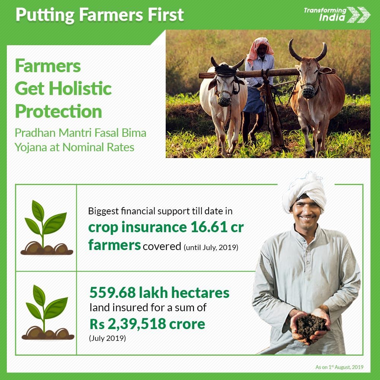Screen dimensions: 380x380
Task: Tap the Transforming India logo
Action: point(337,14)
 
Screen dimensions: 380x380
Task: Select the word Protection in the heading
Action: point(59,111)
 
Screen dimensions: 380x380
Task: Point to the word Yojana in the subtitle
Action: point(30,147)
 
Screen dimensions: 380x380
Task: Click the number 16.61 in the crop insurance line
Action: point(209,227)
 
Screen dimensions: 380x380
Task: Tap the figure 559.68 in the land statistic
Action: point(113,293)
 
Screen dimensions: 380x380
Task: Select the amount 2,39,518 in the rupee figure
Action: point(136,324)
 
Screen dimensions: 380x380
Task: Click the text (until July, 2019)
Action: point(211,247)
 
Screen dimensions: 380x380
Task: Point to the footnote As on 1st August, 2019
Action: point(339,367)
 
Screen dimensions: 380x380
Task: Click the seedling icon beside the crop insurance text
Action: point(46,228)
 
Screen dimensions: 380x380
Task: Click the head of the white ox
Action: point(225,84)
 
